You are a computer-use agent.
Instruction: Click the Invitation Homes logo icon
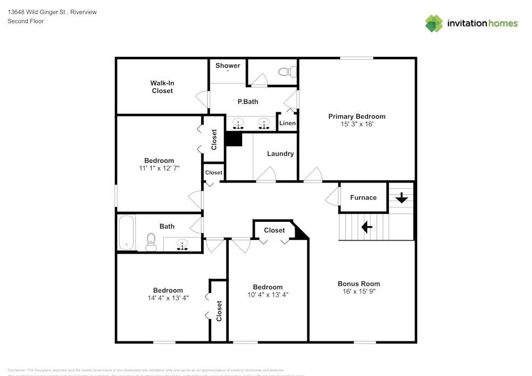click(434, 23)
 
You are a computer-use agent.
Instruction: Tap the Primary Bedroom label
click(356, 116)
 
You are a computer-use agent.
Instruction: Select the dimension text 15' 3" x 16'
click(356, 124)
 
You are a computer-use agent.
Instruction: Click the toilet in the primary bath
click(287, 71)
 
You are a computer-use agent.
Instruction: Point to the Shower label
click(228, 66)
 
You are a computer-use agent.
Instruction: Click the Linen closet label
click(287, 123)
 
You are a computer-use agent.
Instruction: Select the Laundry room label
click(280, 154)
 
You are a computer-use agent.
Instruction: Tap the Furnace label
click(363, 197)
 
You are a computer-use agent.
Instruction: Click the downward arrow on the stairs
click(401, 198)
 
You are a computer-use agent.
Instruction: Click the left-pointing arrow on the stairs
click(367, 227)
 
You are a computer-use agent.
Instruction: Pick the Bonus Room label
click(359, 283)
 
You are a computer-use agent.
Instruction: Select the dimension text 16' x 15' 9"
click(359, 291)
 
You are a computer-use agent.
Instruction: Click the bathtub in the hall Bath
click(126, 232)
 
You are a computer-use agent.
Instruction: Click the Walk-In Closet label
click(162, 87)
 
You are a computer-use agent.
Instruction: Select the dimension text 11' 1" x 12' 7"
click(159, 169)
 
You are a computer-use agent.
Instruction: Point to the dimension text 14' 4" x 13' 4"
click(168, 298)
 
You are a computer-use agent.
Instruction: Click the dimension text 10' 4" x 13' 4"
click(268, 295)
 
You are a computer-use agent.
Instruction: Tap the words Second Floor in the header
click(26, 21)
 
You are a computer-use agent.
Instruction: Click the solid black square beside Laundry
click(234, 139)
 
